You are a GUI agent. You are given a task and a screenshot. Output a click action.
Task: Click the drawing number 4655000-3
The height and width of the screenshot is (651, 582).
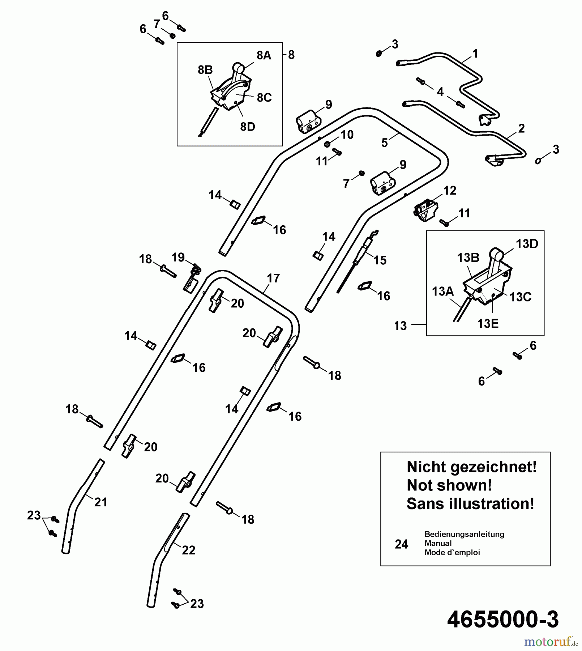pos(503,620)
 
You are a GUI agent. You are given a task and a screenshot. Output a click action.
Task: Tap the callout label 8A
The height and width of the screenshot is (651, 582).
pos(264,55)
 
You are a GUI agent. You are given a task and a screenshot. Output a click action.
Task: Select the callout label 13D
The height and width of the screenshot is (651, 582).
pos(527,244)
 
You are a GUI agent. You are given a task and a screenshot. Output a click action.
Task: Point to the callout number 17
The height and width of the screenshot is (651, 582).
pos(273,278)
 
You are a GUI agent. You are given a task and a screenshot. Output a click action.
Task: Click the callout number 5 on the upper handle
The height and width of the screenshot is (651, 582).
pos(384,143)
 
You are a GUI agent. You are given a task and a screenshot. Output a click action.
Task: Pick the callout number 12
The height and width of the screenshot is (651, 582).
pos(449,191)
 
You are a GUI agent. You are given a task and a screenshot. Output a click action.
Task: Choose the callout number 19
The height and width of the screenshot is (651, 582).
pos(178,258)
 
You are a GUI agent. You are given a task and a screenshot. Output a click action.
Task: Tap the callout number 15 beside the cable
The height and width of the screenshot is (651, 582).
pos(380,260)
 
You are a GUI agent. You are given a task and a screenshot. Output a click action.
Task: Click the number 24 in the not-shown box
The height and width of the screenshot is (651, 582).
pos(401,544)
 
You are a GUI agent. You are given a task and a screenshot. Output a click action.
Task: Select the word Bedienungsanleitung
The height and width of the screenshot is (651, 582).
pos(464,534)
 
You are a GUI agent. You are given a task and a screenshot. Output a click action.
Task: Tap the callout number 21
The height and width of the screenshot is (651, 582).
pos(100,502)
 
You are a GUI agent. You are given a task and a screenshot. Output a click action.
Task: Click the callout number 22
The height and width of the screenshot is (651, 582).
pos(188,550)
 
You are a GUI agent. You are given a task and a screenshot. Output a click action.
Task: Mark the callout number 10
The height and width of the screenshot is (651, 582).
pos(347,135)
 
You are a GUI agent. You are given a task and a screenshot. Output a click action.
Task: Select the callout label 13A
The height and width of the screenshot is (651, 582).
pos(442,291)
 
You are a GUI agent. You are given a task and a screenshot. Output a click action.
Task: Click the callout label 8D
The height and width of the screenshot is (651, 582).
pos(248,127)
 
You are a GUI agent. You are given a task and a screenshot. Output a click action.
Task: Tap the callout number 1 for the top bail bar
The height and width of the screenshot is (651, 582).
pos(475,54)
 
